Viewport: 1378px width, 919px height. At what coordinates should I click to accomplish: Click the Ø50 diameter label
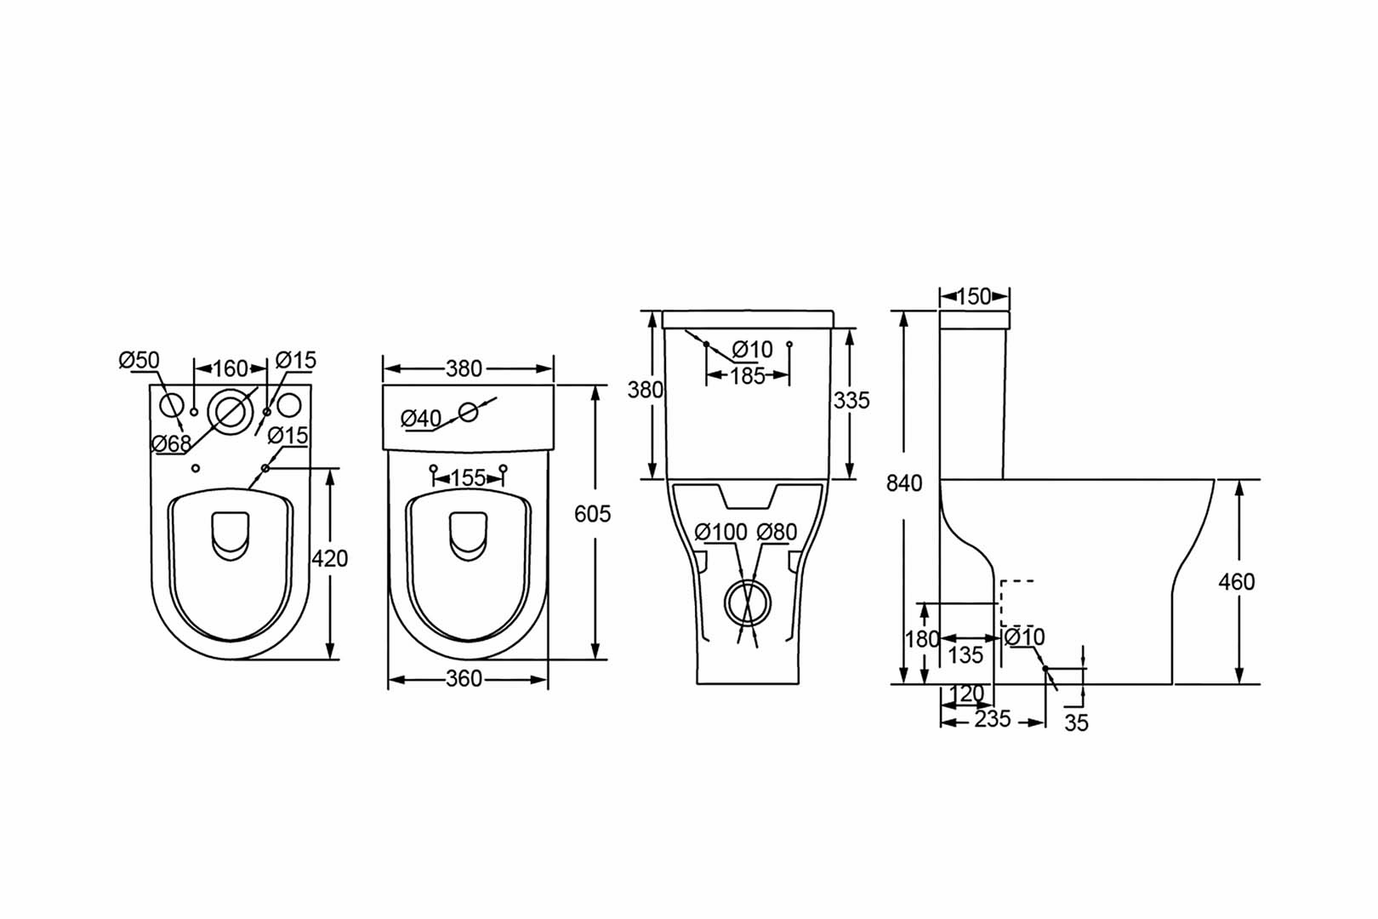click(139, 360)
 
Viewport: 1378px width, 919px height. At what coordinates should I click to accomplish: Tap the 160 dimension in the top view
click(231, 368)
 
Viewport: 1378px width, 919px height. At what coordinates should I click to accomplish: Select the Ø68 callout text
click(172, 443)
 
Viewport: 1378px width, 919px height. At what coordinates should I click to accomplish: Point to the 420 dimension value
click(330, 559)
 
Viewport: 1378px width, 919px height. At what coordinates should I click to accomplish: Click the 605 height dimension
click(592, 514)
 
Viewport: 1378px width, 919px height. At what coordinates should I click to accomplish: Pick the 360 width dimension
click(464, 679)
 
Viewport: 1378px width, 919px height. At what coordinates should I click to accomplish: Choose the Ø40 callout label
click(421, 420)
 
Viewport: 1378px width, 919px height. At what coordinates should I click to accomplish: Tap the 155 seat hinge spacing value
click(468, 478)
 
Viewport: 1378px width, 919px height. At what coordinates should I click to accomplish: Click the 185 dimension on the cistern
click(748, 376)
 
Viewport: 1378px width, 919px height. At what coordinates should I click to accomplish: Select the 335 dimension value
click(852, 401)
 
